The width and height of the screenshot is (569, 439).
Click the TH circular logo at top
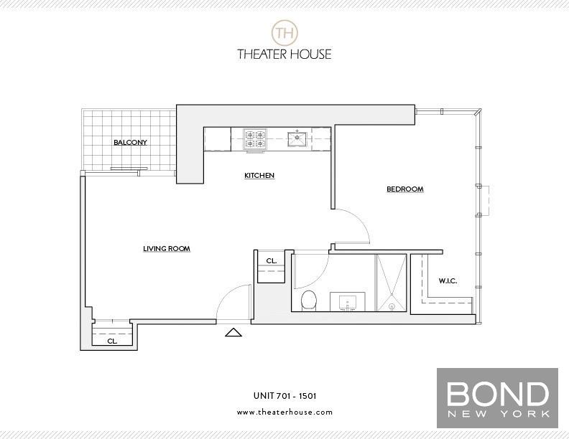point(285,33)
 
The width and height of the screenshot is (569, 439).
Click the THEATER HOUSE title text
point(284,55)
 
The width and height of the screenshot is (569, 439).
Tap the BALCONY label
point(130,142)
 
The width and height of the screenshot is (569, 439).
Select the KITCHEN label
point(259,176)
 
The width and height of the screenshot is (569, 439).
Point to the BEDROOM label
point(405,189)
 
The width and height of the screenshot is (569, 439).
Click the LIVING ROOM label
point(167,249)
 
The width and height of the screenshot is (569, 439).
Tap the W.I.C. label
point(448,280)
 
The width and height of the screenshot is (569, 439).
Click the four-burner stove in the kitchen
point(256,140)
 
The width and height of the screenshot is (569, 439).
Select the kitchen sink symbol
point(297,138)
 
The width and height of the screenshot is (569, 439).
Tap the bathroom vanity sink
point(348,302)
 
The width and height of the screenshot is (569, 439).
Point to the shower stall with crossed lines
point(391,283)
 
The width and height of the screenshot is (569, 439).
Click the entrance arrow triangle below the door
point(233,332)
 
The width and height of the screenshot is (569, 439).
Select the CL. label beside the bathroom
point(272,261)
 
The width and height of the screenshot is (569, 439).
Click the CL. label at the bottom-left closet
point(112,341)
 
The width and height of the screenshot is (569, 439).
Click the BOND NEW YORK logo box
point(497,398)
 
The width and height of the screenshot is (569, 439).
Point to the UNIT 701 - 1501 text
point(285,396)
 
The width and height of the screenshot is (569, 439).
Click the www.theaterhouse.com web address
point(285,412)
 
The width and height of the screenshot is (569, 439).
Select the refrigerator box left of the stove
point(218,139)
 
